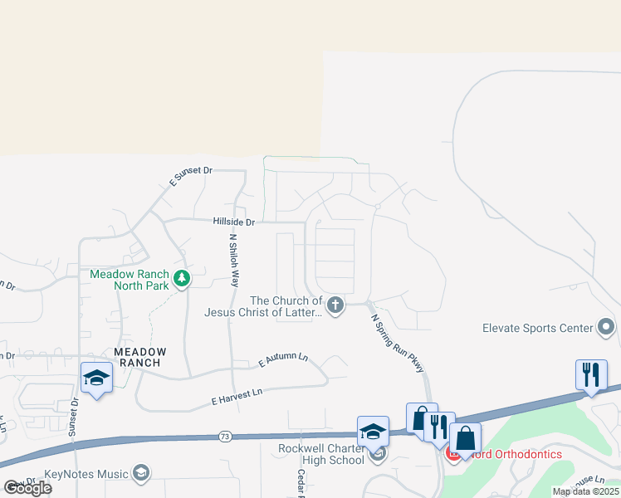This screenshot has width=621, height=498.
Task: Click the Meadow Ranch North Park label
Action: (x=130, y=280)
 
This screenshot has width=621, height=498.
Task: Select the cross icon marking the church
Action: (x=335, y=305)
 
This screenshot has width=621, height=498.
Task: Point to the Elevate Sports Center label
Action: (x=537, y=328)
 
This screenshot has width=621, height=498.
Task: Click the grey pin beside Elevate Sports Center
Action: (x=606, y=327)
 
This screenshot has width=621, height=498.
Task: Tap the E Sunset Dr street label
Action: (x=190, y=175)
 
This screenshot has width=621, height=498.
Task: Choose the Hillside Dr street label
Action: (x=233, y=222)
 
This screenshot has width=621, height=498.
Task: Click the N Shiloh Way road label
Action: (x=234, y=260)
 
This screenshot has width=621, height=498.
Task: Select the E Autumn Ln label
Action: (x=283, y=360)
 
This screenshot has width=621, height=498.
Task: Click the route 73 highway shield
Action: (x=226, y=436)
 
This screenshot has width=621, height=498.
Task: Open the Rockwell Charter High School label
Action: (x=321, y=454)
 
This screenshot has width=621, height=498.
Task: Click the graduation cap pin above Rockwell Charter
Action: (x=374, y=431)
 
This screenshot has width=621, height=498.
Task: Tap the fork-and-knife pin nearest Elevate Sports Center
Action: (x=591, y=374)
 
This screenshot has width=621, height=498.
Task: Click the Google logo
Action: (x=27, y=487)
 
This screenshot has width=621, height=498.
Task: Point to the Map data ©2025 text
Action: (x=586, y=491)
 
